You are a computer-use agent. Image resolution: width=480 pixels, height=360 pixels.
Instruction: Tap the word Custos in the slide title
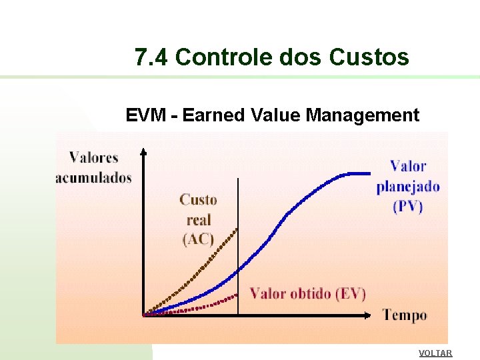[x=369, y=58]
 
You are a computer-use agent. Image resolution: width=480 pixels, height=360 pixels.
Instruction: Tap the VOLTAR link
[x=435, y=353]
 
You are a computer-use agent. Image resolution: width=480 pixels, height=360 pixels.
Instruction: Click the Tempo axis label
[x=405, y=315]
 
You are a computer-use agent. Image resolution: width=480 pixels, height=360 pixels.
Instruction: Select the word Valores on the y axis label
[x=93, y=158]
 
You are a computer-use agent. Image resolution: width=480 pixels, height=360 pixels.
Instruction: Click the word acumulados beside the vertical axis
[x=93, y=177]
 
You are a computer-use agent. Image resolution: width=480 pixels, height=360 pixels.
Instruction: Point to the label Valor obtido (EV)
[x=307, y=293]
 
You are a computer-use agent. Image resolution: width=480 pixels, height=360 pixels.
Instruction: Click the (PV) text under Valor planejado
[x=408, y=206]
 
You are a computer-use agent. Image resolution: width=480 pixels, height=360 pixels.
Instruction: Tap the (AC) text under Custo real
[x=198, y=239]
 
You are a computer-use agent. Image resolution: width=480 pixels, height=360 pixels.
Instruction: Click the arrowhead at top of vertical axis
[x=143, y=152]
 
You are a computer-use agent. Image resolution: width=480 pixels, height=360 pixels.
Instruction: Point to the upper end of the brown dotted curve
[x=236, y=229]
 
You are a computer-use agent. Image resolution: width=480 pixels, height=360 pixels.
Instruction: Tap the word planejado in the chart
[x=408, y=186]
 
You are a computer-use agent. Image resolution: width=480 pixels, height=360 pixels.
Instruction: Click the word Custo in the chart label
[x=198, y=199]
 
